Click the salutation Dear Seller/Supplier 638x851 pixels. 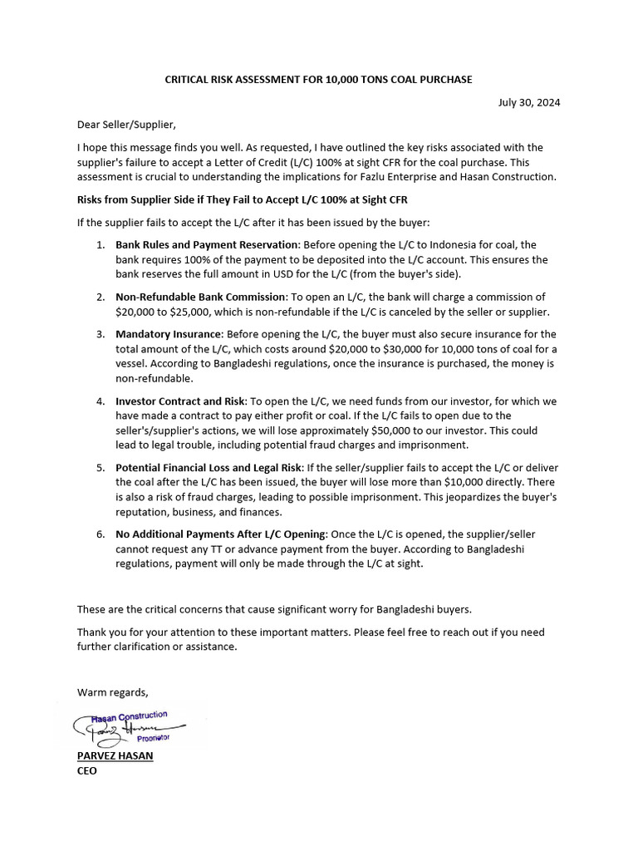point(126,125)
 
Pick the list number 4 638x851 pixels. point(99,401)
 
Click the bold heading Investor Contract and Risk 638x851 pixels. point(180,401)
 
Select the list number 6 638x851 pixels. point(99,534)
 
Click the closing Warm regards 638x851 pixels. point(112,692)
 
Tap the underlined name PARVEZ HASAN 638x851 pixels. point(115,756)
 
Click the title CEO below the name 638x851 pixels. point(87,771)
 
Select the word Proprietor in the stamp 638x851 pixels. point(153,738)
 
